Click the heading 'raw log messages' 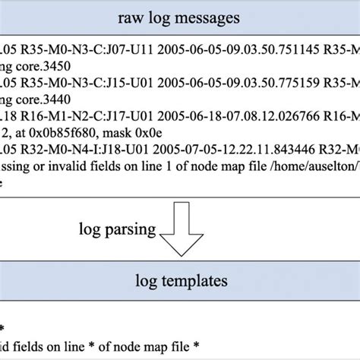180,17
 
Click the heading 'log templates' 180,280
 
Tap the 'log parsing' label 118,227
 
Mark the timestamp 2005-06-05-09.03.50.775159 229,81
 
